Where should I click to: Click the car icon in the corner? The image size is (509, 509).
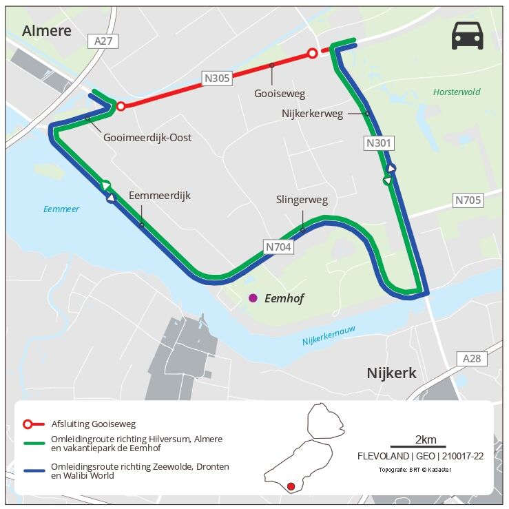pyautogui.click(x=468, y=36)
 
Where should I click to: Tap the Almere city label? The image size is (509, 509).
pyautogui.click(x=47, y=30)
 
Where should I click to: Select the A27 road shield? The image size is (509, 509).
pyautogui.click(x=103, y=41)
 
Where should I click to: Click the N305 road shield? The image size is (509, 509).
pyautogui.click(x=217, y=78)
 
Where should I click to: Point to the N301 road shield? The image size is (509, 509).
pyautogui.click(x=378, y=143)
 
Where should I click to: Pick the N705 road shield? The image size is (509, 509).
pyautogui.click(x=468, y=200)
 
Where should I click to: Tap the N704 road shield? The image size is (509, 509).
pyautogui.click(x=278, y=246)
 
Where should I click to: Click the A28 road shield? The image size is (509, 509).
pyautogui.click(x=472, y=358)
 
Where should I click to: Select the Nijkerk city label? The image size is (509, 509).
pyautogui.click(x=391, y=373)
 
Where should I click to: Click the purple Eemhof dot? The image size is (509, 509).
pyautogui.click(x=253, y=298)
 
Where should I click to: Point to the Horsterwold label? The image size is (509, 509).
pyautogui.click(x=457, y=92)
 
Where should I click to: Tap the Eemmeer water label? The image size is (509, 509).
pyautogui.click(x=61, y=209)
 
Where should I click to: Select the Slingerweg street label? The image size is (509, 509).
pyautogui.click(x=302, y=200)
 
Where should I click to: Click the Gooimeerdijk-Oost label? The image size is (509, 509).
pyautogui.click(x=147, y=138)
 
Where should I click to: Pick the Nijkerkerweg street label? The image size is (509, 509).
pyautogui.click(x=312, y=114)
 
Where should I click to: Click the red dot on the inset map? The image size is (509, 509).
pyautogui.click(x=291, y=487)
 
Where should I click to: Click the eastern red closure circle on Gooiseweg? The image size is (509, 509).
pyautogui.click(x=312, y=53)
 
